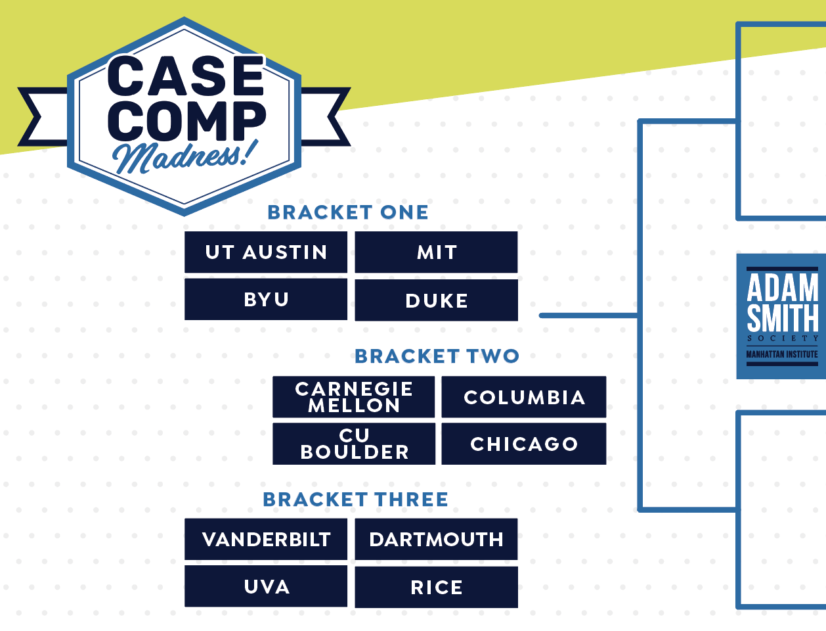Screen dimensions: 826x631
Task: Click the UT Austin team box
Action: coord(266,252)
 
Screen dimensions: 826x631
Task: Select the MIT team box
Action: coord(436,252)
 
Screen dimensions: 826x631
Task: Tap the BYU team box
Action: coord(266,300)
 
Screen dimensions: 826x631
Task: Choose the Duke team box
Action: coord(436,300)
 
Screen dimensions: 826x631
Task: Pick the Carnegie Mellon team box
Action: coord(354,397)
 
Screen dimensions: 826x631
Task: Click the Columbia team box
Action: coord(524,397)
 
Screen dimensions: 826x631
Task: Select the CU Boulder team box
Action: coord(354,444)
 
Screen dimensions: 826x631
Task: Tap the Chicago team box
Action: coord(524,444)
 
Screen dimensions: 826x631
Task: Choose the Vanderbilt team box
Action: coord(266,539)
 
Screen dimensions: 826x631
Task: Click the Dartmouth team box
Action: coord(436,539)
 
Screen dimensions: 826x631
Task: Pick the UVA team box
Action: coord(266,586)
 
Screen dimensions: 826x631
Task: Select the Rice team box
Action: coord(436,587)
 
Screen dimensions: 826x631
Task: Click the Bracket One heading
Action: coord(348,212)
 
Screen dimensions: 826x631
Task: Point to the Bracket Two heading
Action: coord(437,356)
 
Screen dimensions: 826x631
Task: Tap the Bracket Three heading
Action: coord(356,500)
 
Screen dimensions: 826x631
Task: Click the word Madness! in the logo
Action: coord(185,156)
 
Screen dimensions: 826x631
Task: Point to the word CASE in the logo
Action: coord(186,76)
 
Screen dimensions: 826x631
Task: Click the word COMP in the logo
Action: coord(186,121)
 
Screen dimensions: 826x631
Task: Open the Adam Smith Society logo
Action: coord(781,316)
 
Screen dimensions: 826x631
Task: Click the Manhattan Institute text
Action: coord(782,354)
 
